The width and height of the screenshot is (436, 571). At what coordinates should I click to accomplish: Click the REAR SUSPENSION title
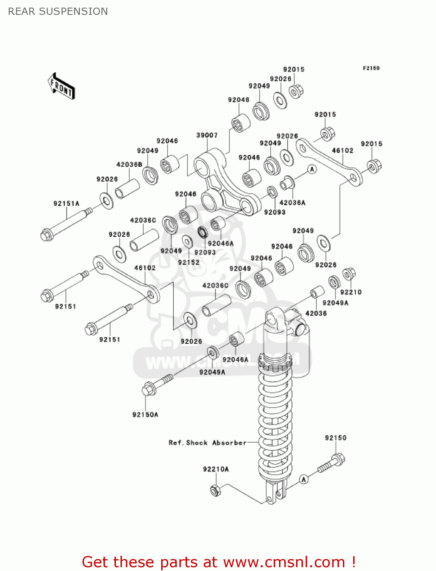[x=58, y=11]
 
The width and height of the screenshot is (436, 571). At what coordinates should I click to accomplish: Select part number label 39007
[x=207, y=135]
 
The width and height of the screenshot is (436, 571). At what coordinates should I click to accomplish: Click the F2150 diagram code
[x=371, y=68]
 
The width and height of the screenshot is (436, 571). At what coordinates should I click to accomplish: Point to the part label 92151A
[x=67, y=204]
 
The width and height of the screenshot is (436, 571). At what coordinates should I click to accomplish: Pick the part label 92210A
[x=216, y=469]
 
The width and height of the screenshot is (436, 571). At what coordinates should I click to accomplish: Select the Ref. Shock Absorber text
[x=208, y=443]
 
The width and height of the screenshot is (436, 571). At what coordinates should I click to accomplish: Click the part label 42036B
[x=129, y=164]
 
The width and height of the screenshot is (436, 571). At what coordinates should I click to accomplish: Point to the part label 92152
[x=189, y=262]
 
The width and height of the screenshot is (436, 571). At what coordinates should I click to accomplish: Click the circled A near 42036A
[x=312, y=169]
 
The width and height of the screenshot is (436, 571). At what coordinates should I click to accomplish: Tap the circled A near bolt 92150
[x=303, y=480]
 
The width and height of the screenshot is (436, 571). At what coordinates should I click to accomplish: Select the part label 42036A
[x=292, y=203]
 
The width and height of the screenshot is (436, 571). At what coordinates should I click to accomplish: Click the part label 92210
[x=350, y=292]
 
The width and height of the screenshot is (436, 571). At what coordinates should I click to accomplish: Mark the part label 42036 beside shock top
[x=316, y=313]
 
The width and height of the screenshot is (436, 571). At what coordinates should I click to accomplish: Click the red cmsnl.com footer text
[x=219, y=562]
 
